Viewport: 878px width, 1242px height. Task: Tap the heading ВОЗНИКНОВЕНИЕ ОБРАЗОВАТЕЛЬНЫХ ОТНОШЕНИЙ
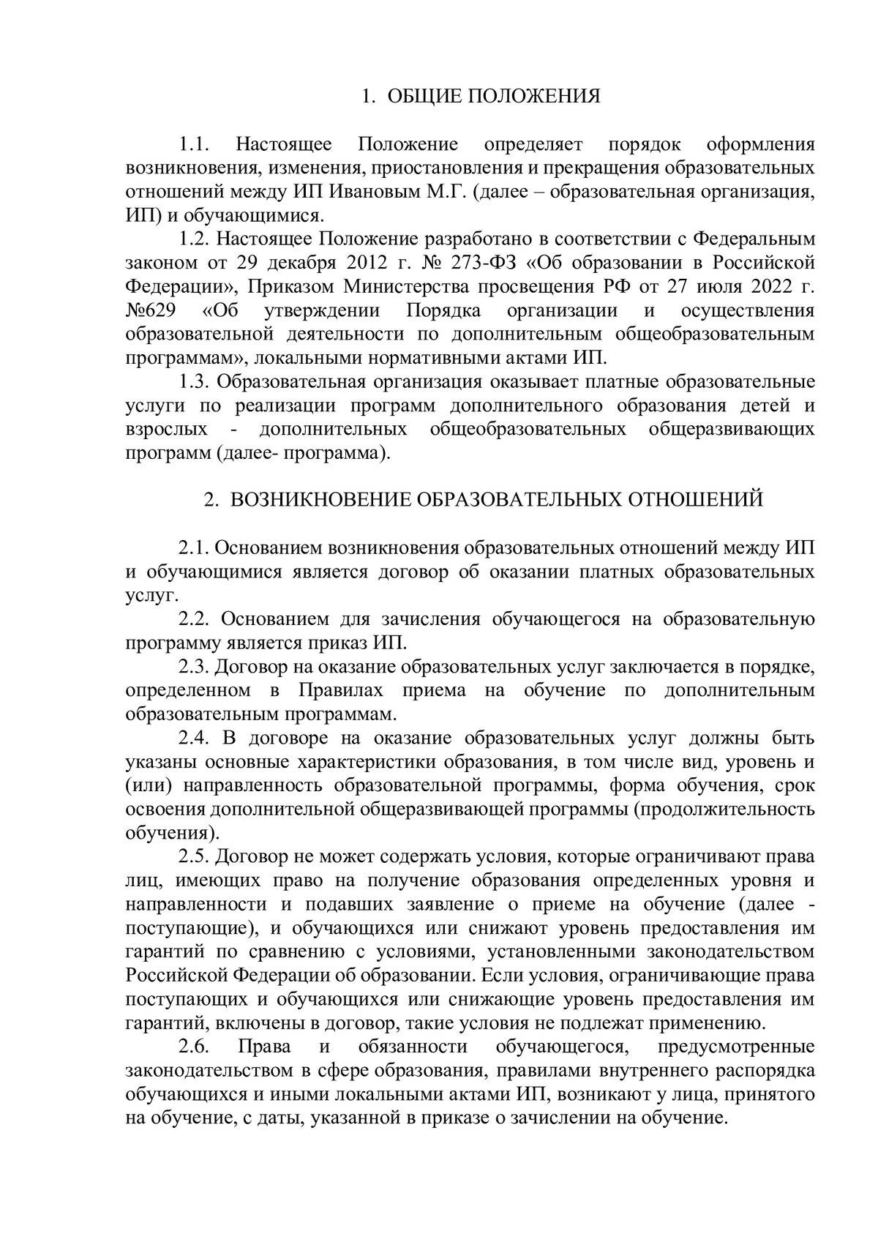[x=497, y=499]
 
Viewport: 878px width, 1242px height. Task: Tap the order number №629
[x=151, y=310]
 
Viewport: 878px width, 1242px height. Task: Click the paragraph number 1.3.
[x=195, y=382]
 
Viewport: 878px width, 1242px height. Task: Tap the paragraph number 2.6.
[x=195, y=1047]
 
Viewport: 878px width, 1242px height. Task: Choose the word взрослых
[x=167, y=430]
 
